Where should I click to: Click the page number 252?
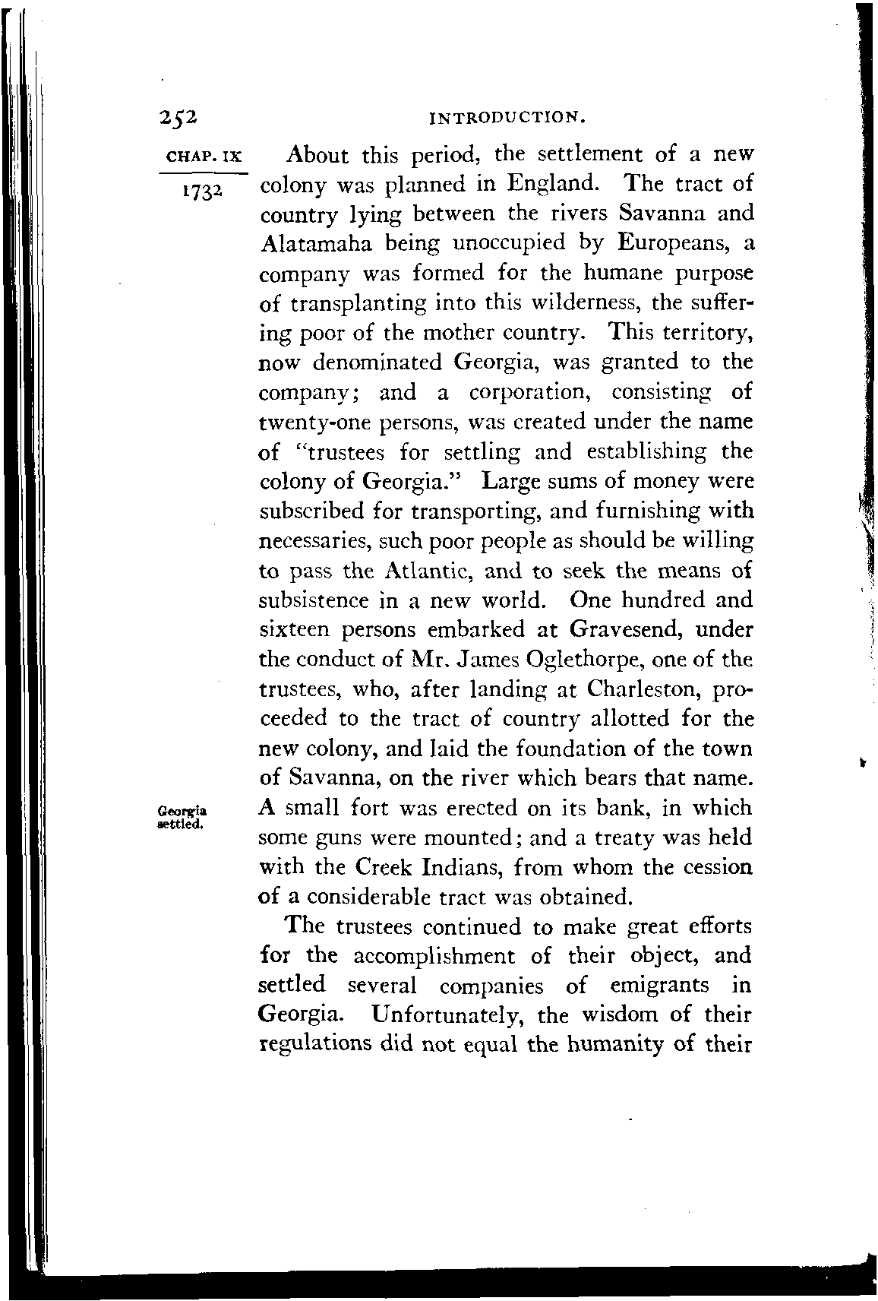pyautogui.click(x=179, y=116)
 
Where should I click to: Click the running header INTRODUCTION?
pyautogui.click(x=507, y=117)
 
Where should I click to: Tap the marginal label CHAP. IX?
pyautogui.click(x=203, y=157)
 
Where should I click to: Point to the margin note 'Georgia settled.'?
pyautogui.click(x=182, y=814)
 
